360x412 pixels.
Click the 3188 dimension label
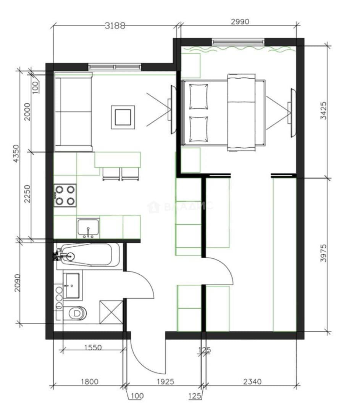click(x=115, y=26)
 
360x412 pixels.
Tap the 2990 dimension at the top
click(x=240, y=21)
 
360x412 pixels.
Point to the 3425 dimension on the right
click(x=323, y=111)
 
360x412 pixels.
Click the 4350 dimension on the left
click(x=16, y=154)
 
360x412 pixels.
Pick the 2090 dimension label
click(x=17, y=283)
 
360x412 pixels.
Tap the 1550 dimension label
click(x=93, y=348)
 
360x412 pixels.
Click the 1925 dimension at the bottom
click(x=165, y=381)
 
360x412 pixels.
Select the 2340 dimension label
click(x=252, y=381)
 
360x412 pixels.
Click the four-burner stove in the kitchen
click(x=65, y=195)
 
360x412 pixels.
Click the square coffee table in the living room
click(x=123, y=117)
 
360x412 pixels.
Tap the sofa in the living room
click(x=73, y=112)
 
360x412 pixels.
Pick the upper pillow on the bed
click(x=199, y=97)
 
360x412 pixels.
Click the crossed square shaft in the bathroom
click(x=111, y=312)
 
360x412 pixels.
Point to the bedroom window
click(x=238, y=41)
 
